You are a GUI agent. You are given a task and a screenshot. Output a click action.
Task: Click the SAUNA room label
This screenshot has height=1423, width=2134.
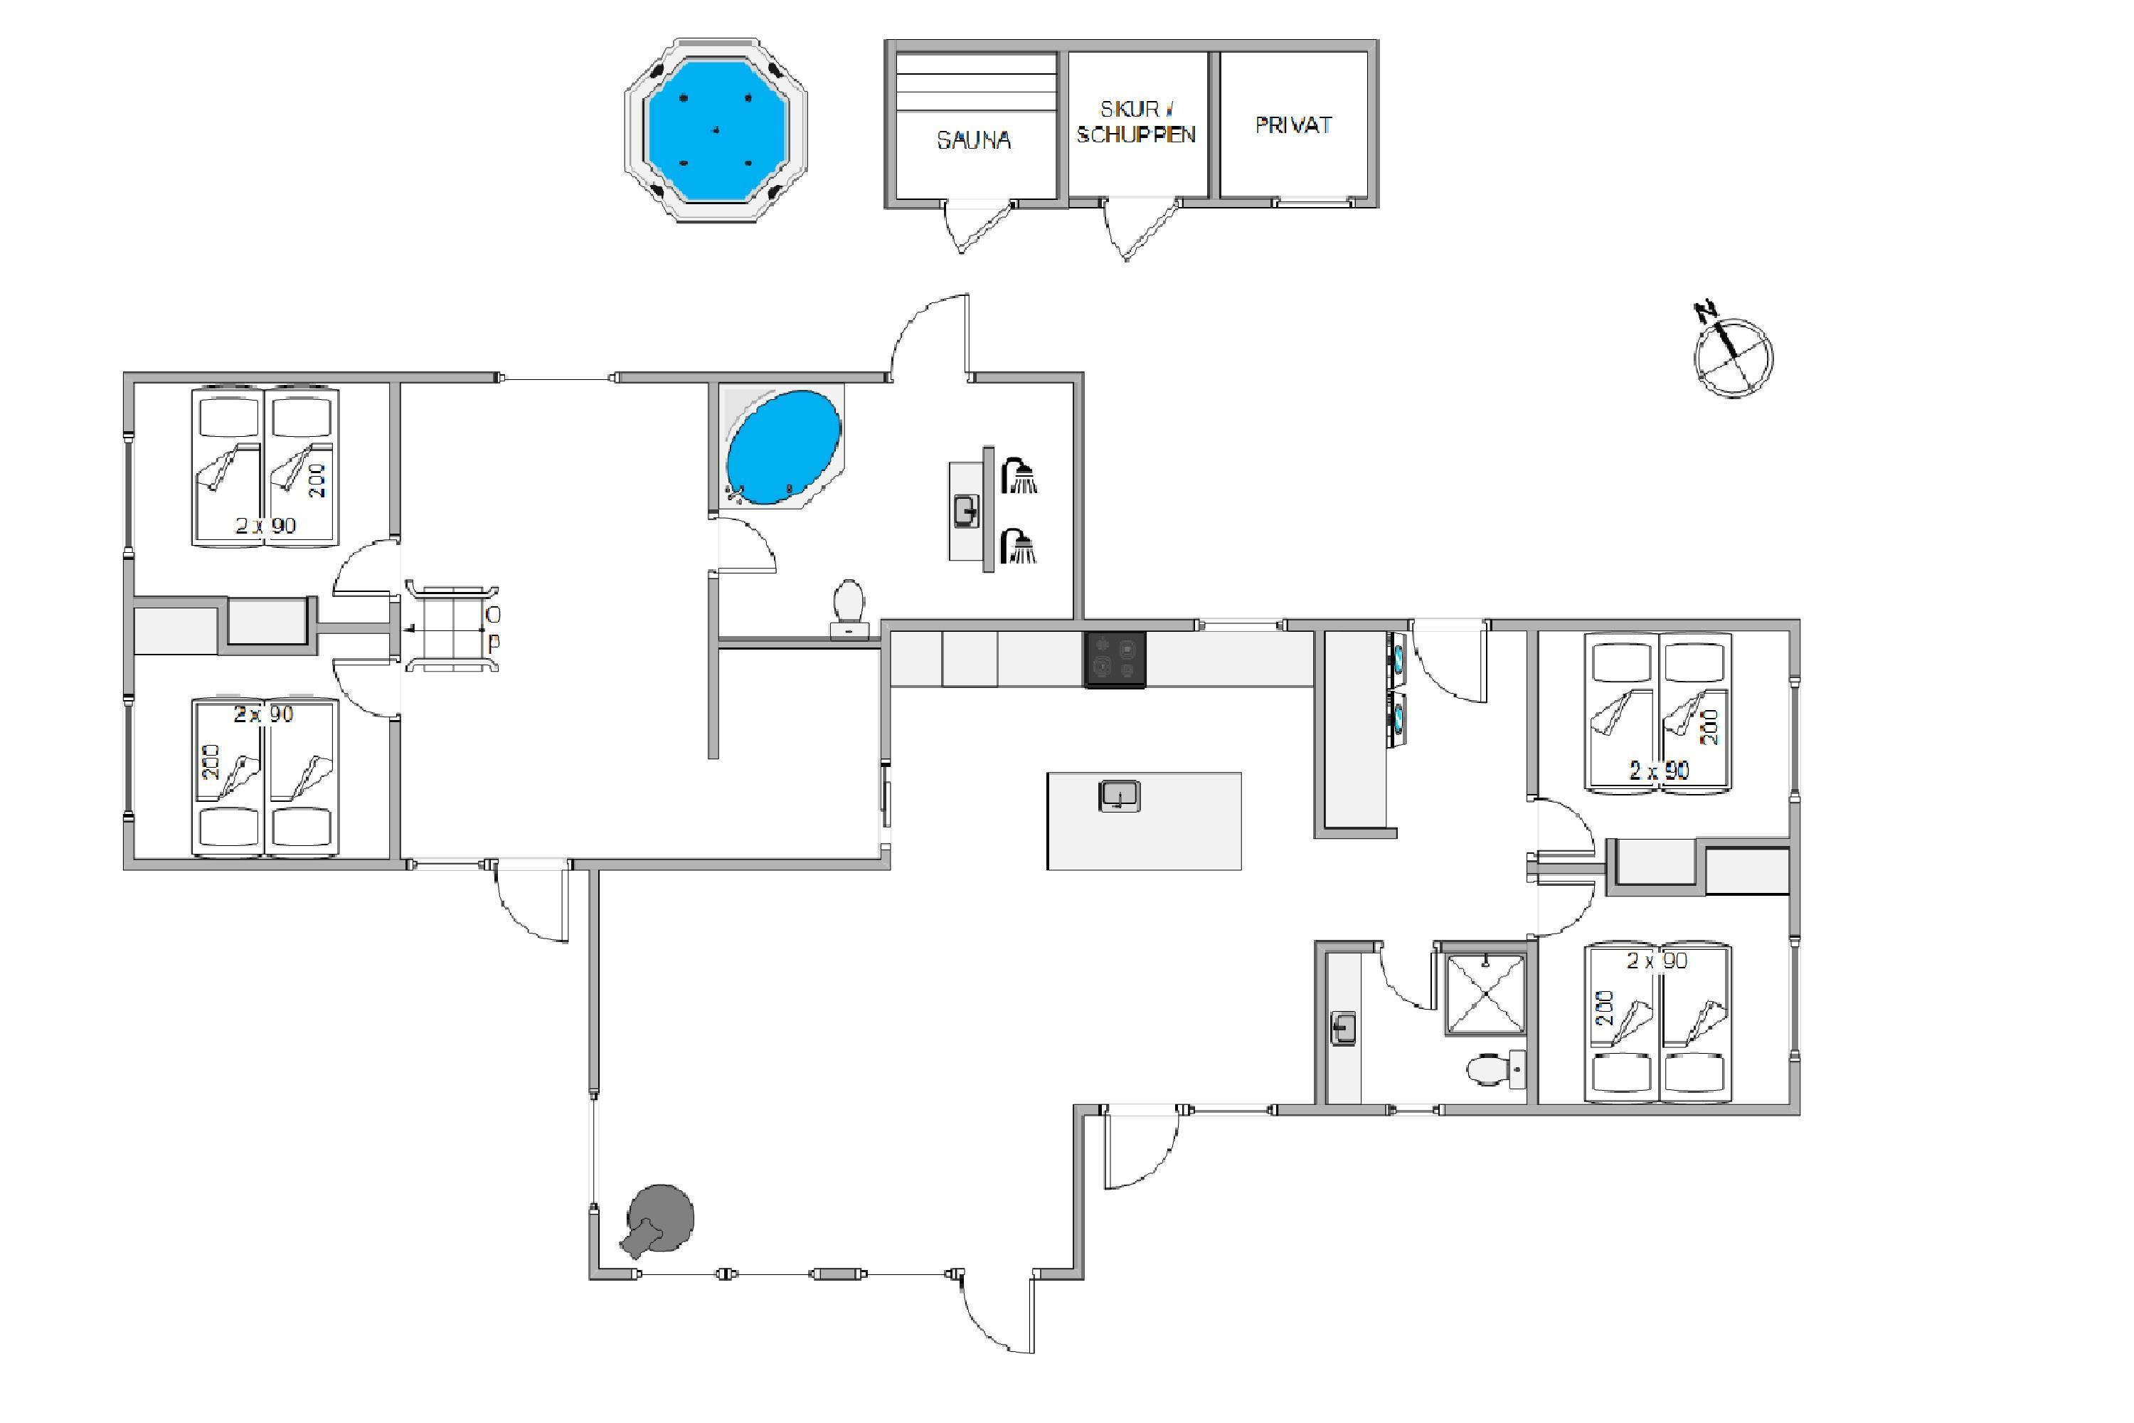(974, 139)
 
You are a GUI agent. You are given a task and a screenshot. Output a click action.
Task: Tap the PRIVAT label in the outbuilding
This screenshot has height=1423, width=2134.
(1293, 125)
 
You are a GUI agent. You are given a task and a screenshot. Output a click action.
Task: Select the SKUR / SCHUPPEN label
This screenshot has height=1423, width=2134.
(1136, 122)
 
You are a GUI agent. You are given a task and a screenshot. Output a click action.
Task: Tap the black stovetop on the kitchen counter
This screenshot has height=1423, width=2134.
(1115, 660)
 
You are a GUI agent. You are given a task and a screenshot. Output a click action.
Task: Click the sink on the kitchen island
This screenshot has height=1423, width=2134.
(1120, 796)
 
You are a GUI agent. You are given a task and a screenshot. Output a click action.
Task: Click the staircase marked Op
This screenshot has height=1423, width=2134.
(452, 627)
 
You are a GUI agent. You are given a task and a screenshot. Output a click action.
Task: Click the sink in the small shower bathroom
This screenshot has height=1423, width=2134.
(1344, 1028)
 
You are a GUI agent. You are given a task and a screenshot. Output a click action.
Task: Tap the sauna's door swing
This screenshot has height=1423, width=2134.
(978, 227)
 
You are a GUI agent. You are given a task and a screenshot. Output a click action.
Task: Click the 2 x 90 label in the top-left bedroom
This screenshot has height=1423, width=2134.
(266, 526)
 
